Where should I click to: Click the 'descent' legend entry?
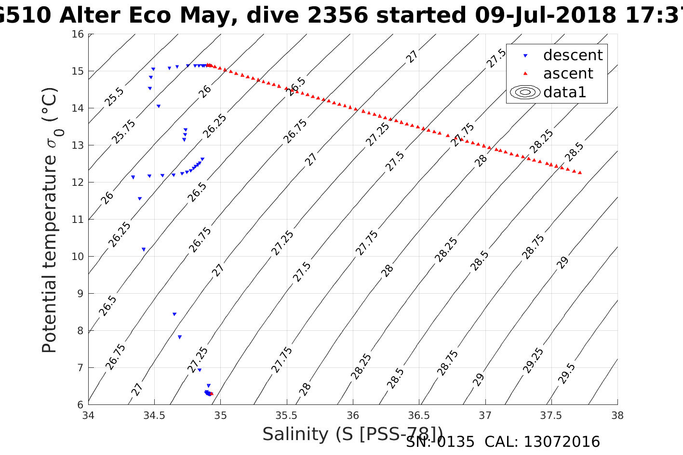coord(573,55)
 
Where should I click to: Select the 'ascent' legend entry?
coord(568,74)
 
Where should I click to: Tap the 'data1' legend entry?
coord(564,92)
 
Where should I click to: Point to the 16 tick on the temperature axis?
coord(78,34)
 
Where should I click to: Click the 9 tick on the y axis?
coord(80,293)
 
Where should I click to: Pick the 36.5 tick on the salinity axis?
coord(419,416)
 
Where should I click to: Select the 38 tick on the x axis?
coord(617,416)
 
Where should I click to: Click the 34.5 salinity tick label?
coord(154,416)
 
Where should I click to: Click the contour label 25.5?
coord(114,97)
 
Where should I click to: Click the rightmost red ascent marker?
coord(580,172)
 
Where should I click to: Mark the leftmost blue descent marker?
coord(133,177)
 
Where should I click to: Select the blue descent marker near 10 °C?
coord(144,249)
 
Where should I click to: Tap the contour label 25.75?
coord(123,131)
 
